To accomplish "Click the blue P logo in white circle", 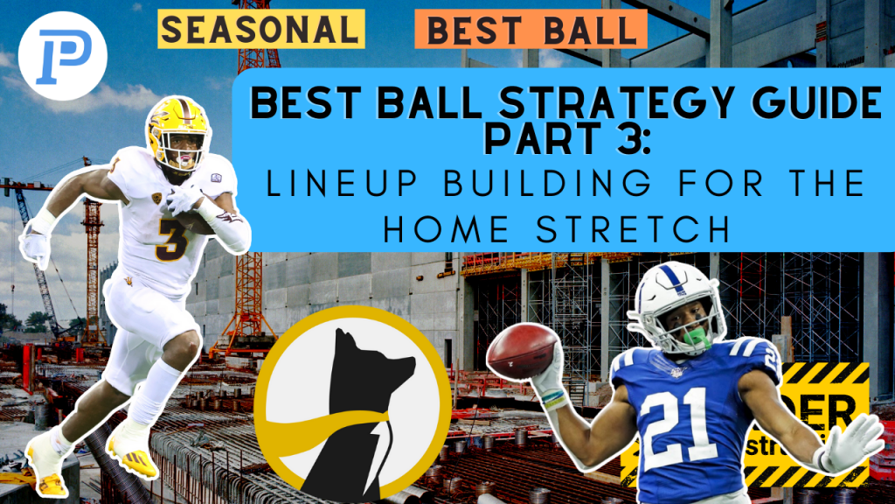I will tap(61, 55).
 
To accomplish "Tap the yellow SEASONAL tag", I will tap(261, 29).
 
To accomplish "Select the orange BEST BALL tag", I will tap(531, 30).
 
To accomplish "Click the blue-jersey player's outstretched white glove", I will tap(852, 442).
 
